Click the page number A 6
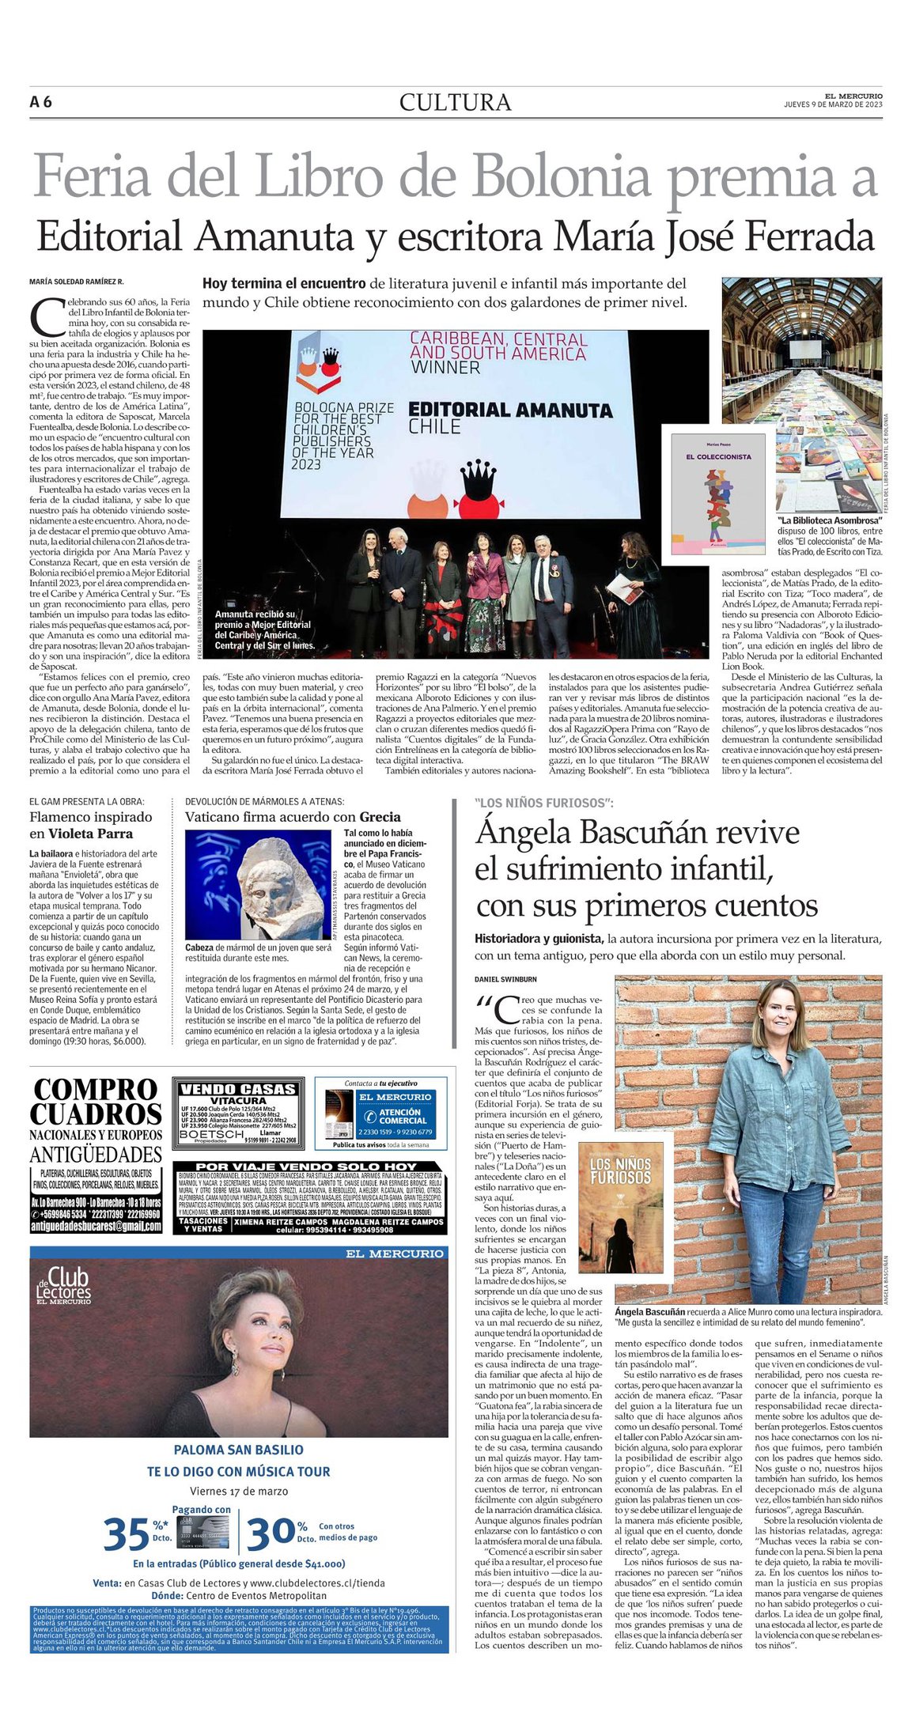(x=40, y=102)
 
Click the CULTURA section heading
(x=455, y=103)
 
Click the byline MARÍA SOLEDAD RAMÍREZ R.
(x=77, y=282)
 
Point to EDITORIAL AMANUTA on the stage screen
(x=510, y=410)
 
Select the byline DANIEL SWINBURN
(x=505, y=979)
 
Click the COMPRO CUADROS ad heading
(x=96, y=1102)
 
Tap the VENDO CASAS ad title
(x=238, y=1089)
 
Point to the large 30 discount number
(x=271, y=1533)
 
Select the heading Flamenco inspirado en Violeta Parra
(x=90, y=825)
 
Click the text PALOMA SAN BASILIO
(x=238, y=1450)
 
